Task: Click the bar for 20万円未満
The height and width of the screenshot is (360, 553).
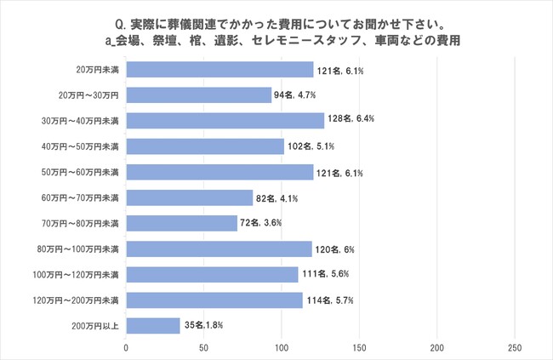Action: click(219, 70)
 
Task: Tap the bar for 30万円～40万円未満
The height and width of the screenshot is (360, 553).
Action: click(225, 121)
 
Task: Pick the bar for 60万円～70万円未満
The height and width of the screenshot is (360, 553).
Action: click(190, 197)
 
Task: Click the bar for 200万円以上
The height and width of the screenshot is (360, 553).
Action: click(153, 325)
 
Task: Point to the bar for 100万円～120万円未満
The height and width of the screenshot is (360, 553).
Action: click(212, 274)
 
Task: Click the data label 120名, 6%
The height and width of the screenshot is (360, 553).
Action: click(338, 249)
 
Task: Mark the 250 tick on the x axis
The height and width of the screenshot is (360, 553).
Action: click(515, 348)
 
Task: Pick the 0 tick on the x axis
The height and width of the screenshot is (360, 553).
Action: click(126, 348)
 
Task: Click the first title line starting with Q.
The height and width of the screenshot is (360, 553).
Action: click(276, 18)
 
